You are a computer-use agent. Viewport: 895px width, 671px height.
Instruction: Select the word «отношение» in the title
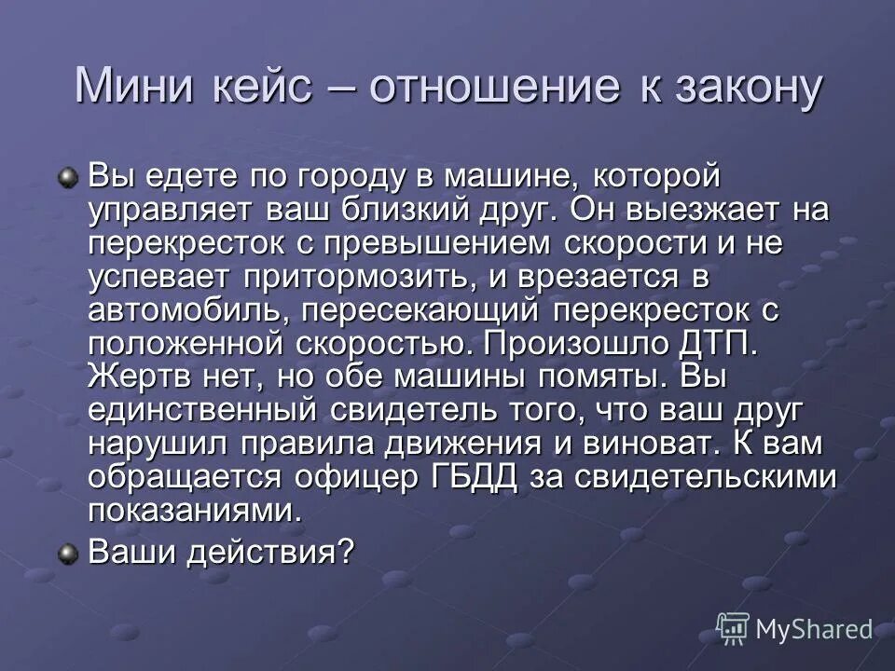coord(494,88)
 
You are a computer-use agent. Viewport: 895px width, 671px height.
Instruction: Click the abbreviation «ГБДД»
coord(472,478)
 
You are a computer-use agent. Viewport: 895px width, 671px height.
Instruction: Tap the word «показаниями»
coord(196,512)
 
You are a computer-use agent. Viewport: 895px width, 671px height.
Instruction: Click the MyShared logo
coord(795,630)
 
